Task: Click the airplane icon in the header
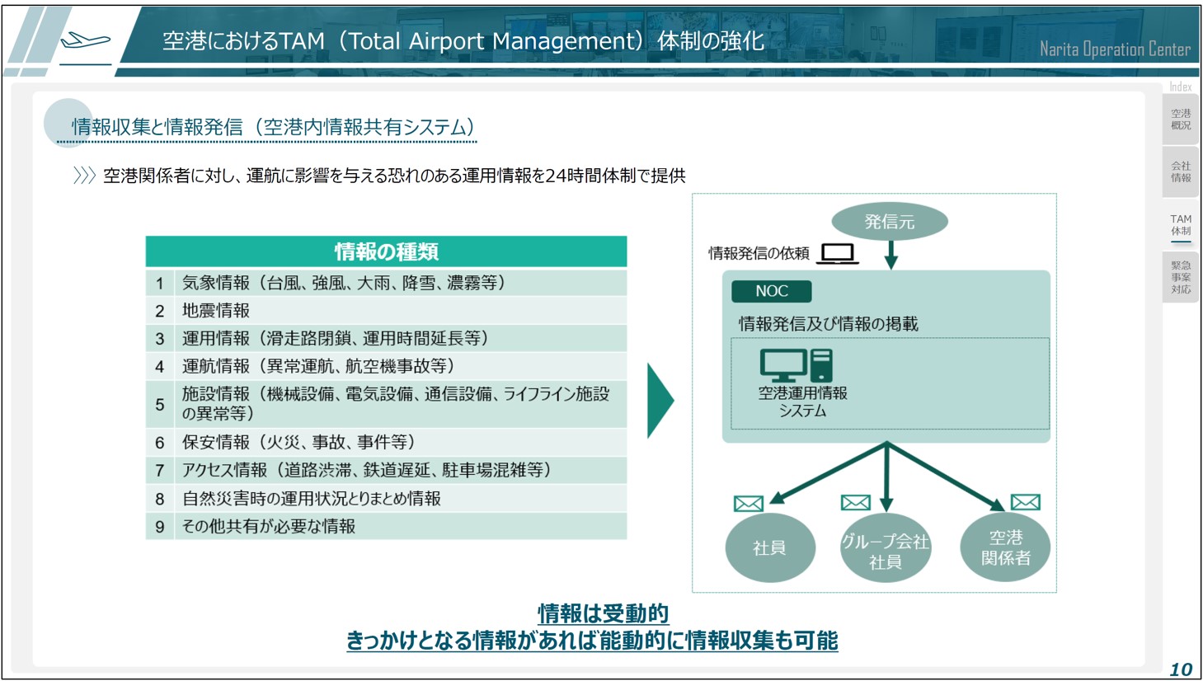click(x=86, y=40)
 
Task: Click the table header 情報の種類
click(x=386, y=251)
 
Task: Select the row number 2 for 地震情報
click(x=159, y=311)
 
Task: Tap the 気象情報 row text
click(x=343, y=283)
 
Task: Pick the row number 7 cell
click(x=159, y=471)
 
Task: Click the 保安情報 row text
click(x=298, y=442)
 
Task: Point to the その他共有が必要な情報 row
click(x=269, y=526)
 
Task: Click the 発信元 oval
click(x=890, y=221)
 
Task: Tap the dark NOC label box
click(x=771, y=291)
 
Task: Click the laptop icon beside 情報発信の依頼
click(x=837, y=253)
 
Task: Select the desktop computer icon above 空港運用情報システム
click(x=796, y=365)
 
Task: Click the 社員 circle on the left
click(x=770, y=547)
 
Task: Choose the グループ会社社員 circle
click(x=886, y=547)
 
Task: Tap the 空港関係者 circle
click(x=1005, y=547)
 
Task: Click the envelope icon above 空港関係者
click(x=1025, y=502)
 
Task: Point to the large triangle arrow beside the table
click(x=660, y=401)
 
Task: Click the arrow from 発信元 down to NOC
click(x=891, y=255)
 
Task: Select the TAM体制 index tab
click(x=1181, y=225)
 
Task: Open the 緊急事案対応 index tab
click(x=1181, y=277)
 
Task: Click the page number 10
click(x=1182, y=669)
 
